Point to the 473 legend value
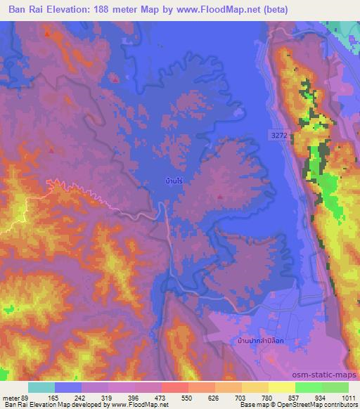[167, 398]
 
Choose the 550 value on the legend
[193, 398]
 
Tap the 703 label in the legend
[247, 398]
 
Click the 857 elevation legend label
[301, 398]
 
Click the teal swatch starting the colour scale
[41, 387]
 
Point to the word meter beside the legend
[10, 398]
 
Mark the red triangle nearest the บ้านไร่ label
[220, 197]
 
